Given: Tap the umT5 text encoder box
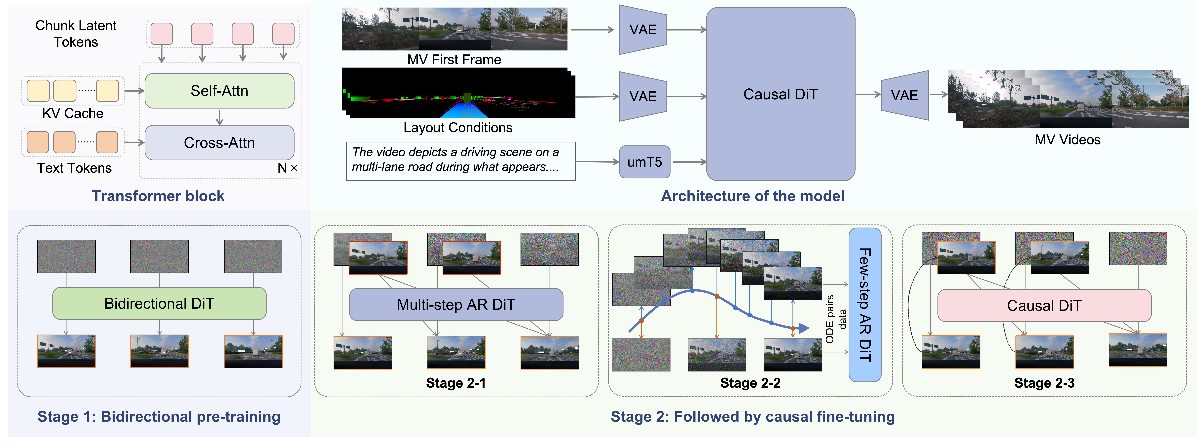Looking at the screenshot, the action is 644,162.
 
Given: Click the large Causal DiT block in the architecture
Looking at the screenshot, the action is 780,94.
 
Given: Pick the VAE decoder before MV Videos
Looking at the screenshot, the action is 904,95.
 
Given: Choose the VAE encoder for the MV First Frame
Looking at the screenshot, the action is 642,30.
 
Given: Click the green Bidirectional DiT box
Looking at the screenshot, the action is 159,304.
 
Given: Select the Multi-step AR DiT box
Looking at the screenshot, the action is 456,304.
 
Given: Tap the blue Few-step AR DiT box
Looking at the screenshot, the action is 865,305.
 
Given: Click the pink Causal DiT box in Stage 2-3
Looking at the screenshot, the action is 1044,305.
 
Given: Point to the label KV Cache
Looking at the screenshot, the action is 73,113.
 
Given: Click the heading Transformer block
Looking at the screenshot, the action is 158,196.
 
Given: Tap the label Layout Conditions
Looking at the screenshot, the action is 458,128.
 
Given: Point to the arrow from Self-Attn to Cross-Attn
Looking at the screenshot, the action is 219,117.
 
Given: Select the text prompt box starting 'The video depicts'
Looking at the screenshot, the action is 460,161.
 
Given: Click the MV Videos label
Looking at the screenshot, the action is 1068,140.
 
